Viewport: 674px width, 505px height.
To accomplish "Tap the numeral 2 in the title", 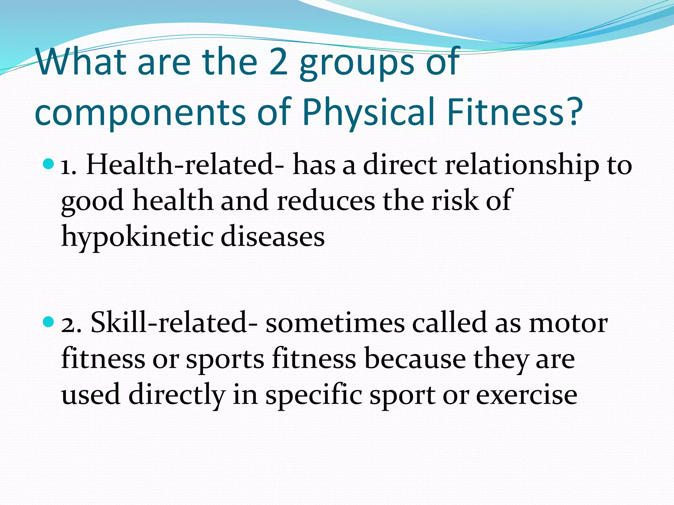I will (x=278, y=62).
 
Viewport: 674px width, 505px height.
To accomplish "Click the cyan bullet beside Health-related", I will (x=48, y=163).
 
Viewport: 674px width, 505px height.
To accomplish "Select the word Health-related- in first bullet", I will (x=185, y=164).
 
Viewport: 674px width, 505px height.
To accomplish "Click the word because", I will (x=415, y=359).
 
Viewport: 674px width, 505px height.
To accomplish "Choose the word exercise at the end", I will (x=527, y=395).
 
